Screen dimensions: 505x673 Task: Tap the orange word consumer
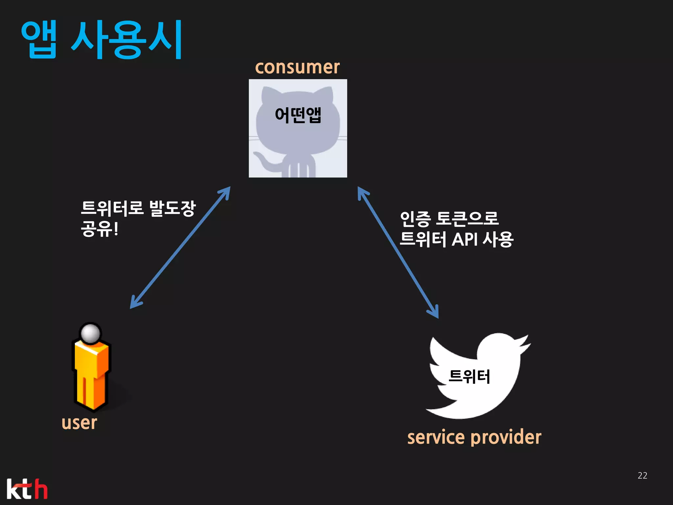point(297,67)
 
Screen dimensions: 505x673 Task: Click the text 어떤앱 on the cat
point(298,115)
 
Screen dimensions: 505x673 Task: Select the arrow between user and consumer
point(180,248)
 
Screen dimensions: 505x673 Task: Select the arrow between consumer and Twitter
point(398,252)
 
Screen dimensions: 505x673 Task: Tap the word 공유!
point(99,229)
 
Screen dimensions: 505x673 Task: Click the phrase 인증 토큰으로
point(449,219)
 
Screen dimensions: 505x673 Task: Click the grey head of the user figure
point(90,333)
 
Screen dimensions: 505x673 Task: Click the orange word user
point(79,423)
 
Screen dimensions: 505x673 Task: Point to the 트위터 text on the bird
point(469,376)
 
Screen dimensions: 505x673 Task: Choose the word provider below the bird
point(506,438)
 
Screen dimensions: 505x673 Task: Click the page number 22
point(642,475)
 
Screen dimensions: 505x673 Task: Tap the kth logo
point(27,489)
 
